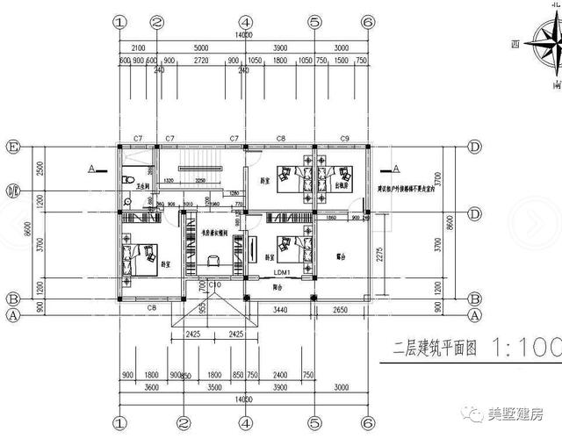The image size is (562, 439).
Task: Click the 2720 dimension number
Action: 201,62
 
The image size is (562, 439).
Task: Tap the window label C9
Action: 345,139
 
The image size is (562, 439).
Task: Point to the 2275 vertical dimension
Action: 377,255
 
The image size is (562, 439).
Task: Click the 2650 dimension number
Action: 342,310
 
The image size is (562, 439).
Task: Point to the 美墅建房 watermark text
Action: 519,414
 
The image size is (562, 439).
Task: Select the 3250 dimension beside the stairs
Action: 201,180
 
